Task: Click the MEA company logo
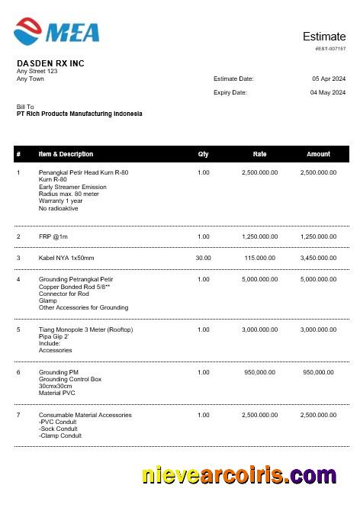point(56,31)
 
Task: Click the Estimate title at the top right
point(324,36)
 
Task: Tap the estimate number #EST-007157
point(330,48)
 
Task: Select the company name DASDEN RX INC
point(50,63)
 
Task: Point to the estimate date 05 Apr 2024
point(329,79)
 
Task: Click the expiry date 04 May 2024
point(328,92)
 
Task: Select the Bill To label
point(25,107)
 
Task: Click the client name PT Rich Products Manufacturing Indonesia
point(79,114)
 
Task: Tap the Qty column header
point(203,154)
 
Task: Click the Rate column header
point(259,154)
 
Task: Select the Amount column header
point(318,154)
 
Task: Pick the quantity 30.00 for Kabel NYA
point(203,258)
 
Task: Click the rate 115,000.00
point(259,258)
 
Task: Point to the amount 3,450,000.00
point(318,258)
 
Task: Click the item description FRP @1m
point(53,236)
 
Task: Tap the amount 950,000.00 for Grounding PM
point(318,372)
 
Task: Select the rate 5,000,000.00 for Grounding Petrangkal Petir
point(259,279)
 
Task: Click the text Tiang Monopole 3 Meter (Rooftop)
point(85,329)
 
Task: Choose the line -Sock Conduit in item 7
point(59,429)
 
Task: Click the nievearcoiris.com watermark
point(239,476)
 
